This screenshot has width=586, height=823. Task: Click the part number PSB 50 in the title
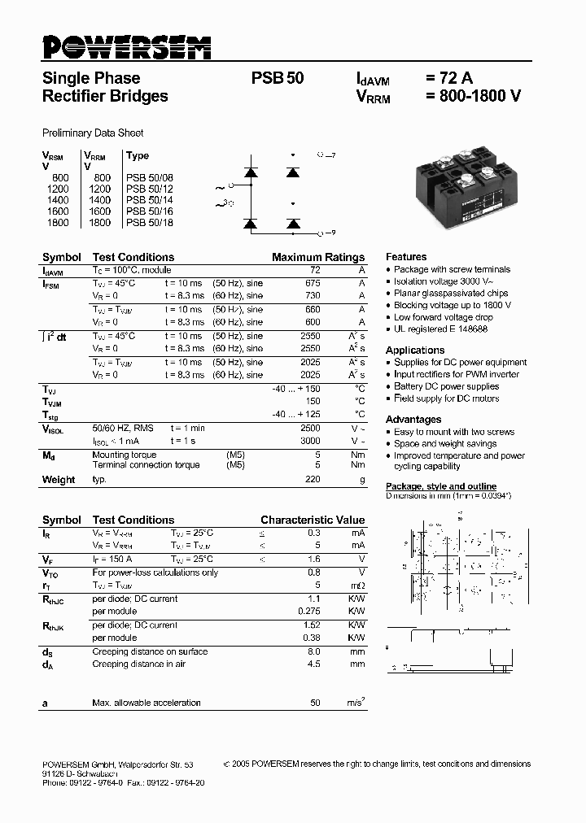[278, 79]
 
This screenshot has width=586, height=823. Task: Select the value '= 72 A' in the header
[448, 79]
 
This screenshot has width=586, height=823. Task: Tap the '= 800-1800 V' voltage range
[473, 97]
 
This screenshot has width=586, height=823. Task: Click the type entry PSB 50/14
[149, 199]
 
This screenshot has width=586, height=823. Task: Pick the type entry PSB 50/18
[149, 222]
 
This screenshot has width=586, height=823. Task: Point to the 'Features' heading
[406, 256]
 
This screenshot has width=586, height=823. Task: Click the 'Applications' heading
[415, 350]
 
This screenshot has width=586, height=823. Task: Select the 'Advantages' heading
[413, 419]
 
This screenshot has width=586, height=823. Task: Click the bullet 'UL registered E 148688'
[440, 329]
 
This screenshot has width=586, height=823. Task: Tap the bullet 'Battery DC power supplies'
[446, 386]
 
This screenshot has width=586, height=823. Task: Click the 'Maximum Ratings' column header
[318, 257]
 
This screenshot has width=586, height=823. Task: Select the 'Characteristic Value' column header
[313, 520]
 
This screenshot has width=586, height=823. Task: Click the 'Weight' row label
[59, 480]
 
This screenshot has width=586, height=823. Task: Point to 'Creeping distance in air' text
[138, 664]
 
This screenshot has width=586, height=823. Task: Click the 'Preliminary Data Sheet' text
[93, 133]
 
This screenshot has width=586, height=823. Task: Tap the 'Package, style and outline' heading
[440, 486]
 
